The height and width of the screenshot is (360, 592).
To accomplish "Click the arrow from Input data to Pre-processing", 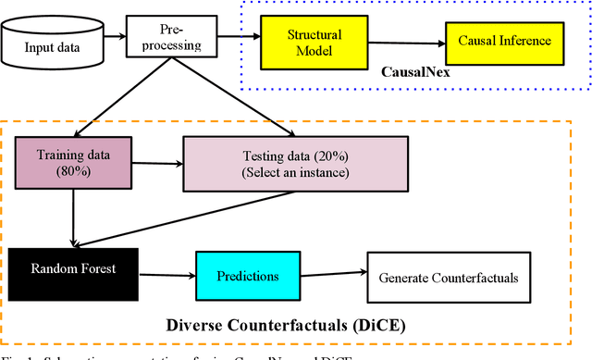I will pyautogui.click(x=113, y=38).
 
